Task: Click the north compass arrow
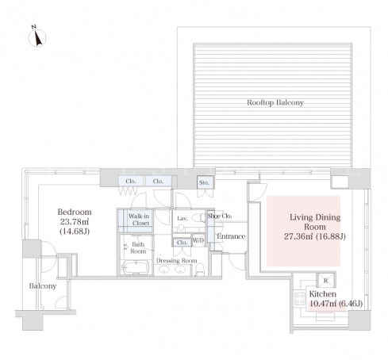(38, 37)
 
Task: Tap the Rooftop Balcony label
(275, 102)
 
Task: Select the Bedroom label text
(75, 212)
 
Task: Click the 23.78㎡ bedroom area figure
(75, 221)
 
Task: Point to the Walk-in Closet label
(139, 220)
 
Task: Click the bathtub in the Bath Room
(136, 267)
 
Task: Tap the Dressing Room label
(177, 261)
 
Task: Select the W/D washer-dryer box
(198, 240)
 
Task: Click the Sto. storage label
(204, 182)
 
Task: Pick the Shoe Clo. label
(220, 216)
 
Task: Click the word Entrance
(231, 236)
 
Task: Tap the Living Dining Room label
(315, 222)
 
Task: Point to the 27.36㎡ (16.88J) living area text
(315, 236)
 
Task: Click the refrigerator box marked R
(326, 281)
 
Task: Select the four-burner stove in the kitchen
(300, 299)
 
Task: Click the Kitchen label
(323, 294)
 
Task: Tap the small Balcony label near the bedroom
(43, 286)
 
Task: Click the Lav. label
(182, 218)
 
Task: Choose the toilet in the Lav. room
(198, 218)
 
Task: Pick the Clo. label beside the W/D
(182, 243)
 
